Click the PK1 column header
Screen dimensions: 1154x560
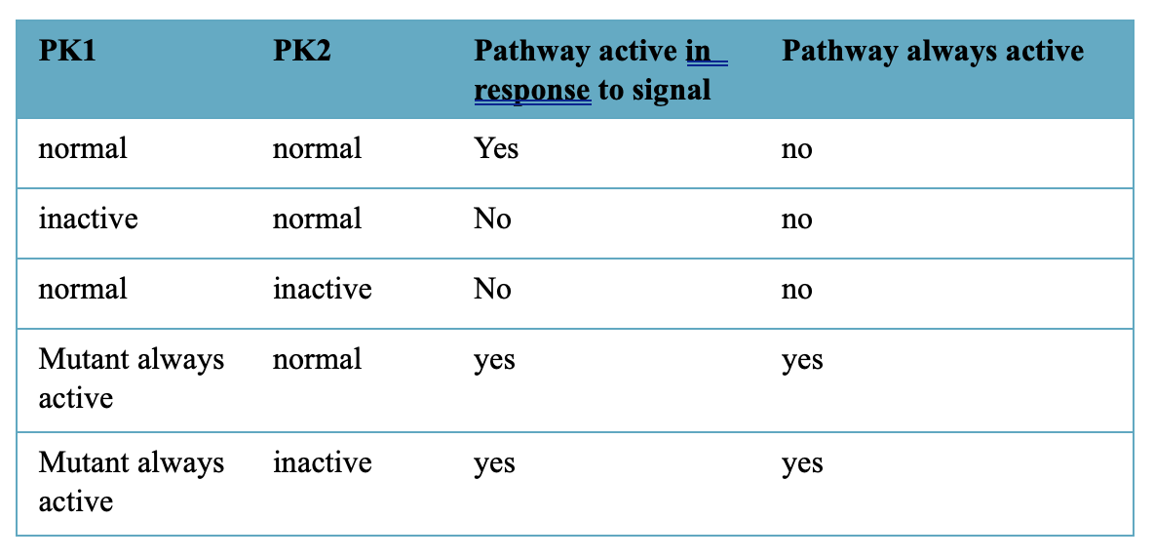[67, 52]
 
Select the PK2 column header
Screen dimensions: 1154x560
[302, 52]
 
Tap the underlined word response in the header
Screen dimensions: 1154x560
[532, 90]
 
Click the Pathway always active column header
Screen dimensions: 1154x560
[933, 52]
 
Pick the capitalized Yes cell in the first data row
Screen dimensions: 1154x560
[496, 148]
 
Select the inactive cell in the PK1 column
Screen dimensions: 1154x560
[88, 219]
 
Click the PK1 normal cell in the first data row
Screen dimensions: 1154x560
[83, 148]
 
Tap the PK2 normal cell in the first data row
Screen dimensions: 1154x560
[317, 148]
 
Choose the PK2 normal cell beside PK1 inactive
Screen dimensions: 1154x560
[317, 219]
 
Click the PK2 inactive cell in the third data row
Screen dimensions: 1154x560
[323, 288]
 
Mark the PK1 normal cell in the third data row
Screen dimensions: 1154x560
[83, 288]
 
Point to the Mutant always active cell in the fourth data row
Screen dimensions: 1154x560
[131, 379]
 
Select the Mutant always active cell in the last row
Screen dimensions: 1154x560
[131, 482]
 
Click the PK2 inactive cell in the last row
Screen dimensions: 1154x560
[323, 462]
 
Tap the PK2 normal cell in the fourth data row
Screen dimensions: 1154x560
[317, 360]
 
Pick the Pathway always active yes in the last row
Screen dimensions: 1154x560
[802, 464]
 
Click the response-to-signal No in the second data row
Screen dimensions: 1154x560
[492, 219]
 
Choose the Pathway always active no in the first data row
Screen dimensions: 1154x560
[797, 149]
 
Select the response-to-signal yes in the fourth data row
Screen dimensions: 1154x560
[494, 361]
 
